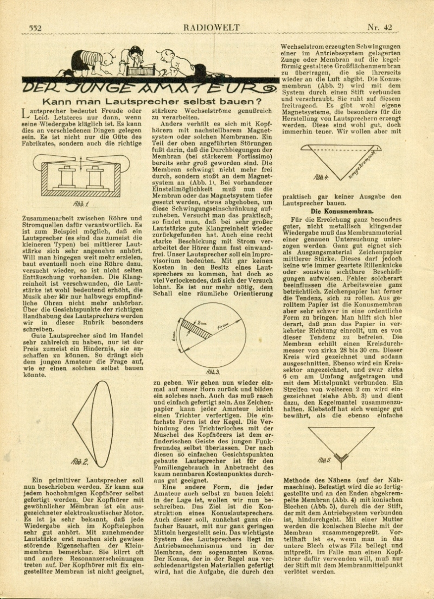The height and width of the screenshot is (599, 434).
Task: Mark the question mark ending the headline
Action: [x=254, y=101]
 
